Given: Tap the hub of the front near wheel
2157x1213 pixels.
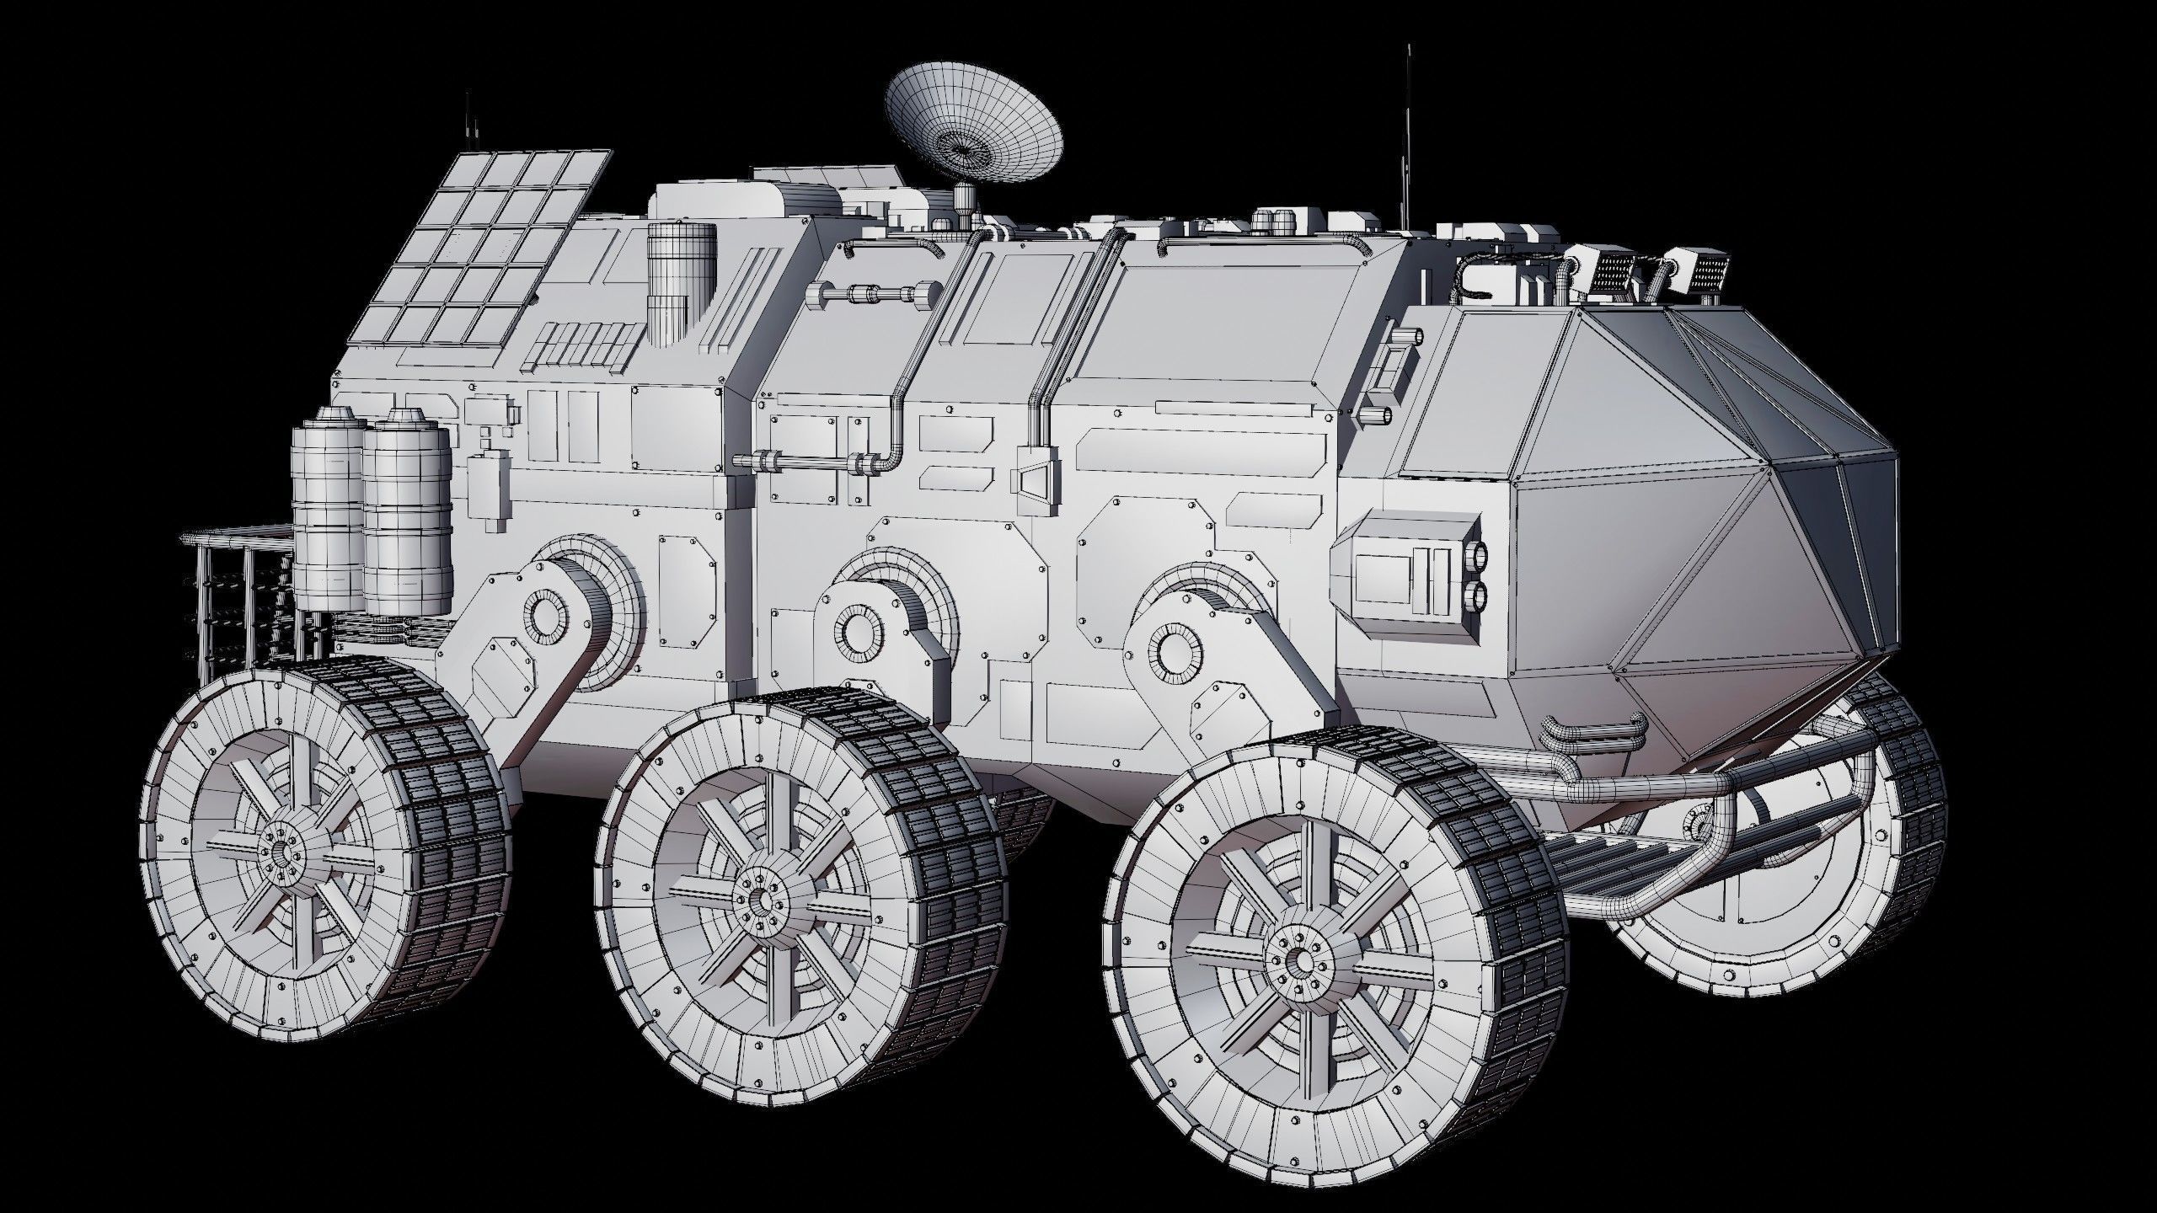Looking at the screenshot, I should tap(1297, 959).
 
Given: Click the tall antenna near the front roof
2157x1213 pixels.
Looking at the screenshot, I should tap(1406, 135).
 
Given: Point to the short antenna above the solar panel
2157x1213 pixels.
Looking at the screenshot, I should tap(466, 126).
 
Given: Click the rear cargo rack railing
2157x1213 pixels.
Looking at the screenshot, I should tap(236, 590).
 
